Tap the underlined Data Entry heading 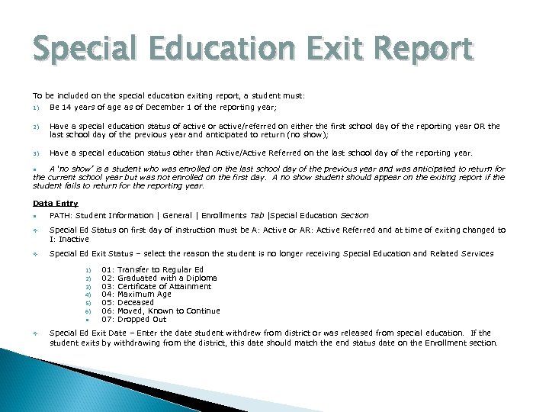[x=56, y=203]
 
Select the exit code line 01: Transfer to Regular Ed [x=152, y=269]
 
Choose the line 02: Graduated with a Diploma [x=159, y=278]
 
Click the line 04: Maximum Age [x=136, y=295]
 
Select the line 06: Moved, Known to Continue [x=160, y=311]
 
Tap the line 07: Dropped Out [x=133, y=319]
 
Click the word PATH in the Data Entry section [x=59, y=216]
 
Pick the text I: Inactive [x=69, y=239]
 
